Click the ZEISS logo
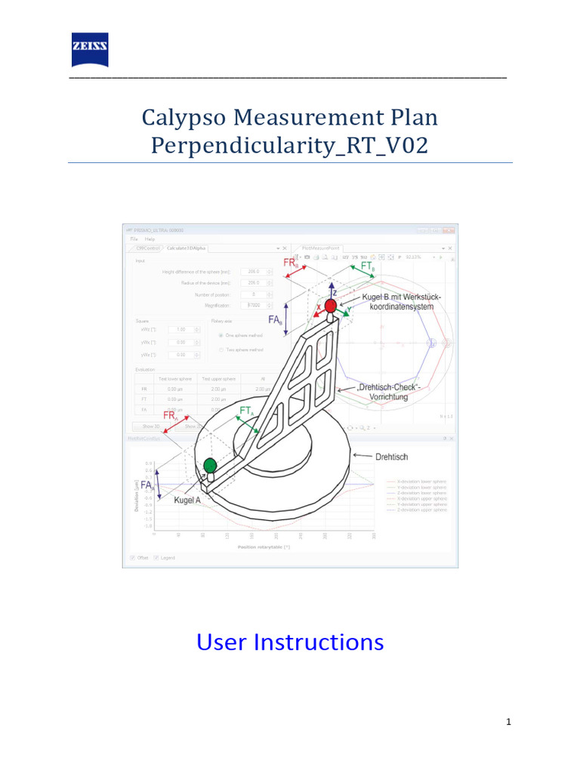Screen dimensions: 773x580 point(90,51)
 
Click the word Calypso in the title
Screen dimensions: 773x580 point(183,117)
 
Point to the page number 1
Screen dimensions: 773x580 point(509,722)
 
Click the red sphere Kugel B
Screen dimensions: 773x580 point(331,306)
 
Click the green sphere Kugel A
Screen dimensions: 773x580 point(210,465)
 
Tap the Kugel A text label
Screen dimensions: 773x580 point(187,500)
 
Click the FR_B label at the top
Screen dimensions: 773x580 point(291,263)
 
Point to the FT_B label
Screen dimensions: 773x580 point(368,267)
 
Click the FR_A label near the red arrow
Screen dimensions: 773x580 point(171,416)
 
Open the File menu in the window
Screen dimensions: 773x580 point(134,239)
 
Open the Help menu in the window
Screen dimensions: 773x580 point(150,239)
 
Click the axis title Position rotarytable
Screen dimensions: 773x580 point(264,546)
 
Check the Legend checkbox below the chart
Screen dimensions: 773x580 point(156,558)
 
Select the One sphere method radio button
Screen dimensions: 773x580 point(221,335)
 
